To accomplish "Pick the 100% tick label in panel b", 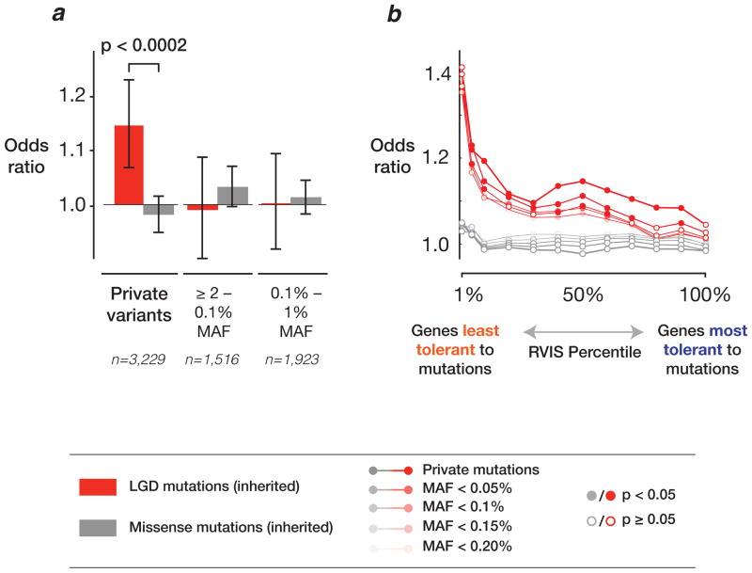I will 703,294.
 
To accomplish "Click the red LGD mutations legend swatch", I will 100,486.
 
